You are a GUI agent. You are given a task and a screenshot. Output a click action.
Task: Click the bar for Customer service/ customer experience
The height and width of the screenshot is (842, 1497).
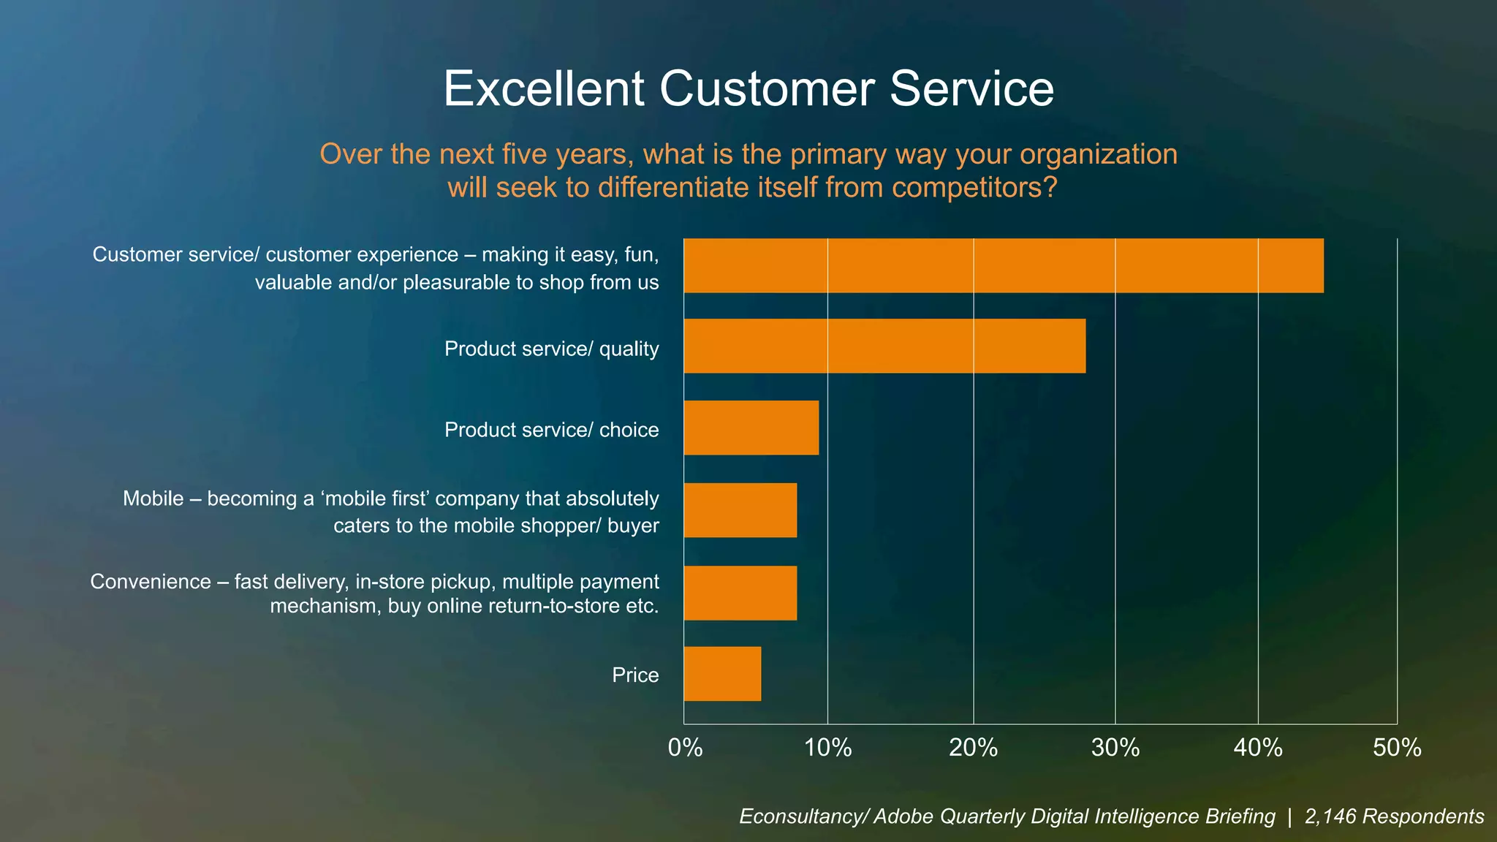[x=1003, y=266]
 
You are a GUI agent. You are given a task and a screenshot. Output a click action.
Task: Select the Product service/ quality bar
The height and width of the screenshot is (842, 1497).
[x=884, y=346]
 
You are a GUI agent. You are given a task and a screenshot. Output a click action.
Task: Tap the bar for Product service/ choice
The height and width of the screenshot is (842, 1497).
[x=751, y=428]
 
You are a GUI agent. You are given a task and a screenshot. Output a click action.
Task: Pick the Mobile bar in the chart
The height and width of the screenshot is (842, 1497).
[x=740, y=510]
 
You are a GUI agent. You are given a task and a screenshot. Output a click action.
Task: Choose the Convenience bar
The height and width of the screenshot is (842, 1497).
[x=740, y=593]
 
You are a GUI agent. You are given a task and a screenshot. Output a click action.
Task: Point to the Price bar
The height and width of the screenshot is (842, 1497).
[x=722, y=674]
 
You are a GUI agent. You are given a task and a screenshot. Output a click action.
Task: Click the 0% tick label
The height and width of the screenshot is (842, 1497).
[x=685, y=748]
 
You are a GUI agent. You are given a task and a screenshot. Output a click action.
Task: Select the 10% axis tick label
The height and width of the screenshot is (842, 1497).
[x=827, y=748]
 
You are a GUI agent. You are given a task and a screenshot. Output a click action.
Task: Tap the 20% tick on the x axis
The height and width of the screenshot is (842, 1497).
[x=973, y=748]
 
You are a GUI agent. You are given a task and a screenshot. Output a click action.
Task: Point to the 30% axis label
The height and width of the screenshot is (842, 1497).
[x=1115, y=748]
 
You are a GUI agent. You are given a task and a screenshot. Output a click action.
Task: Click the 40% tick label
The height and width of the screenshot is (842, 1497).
[x=1258, y=748]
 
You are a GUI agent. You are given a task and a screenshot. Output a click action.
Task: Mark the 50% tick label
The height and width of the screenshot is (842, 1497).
[x=1397, y=748]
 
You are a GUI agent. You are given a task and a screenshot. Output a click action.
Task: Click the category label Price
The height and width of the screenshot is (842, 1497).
[x=635, y=675]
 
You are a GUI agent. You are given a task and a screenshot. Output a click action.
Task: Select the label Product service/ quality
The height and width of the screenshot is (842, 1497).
[x=551, y=349]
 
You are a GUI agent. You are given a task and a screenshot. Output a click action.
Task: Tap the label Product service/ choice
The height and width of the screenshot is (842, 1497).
[x=551, y=430]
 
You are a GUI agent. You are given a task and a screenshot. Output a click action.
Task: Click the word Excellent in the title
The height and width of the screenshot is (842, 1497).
[x=545, y=88]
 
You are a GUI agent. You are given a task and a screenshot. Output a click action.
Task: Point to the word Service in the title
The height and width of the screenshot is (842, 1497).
[x=971, y=88]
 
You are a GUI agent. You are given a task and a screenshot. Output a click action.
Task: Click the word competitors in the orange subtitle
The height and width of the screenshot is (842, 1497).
[x=974, y=188]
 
